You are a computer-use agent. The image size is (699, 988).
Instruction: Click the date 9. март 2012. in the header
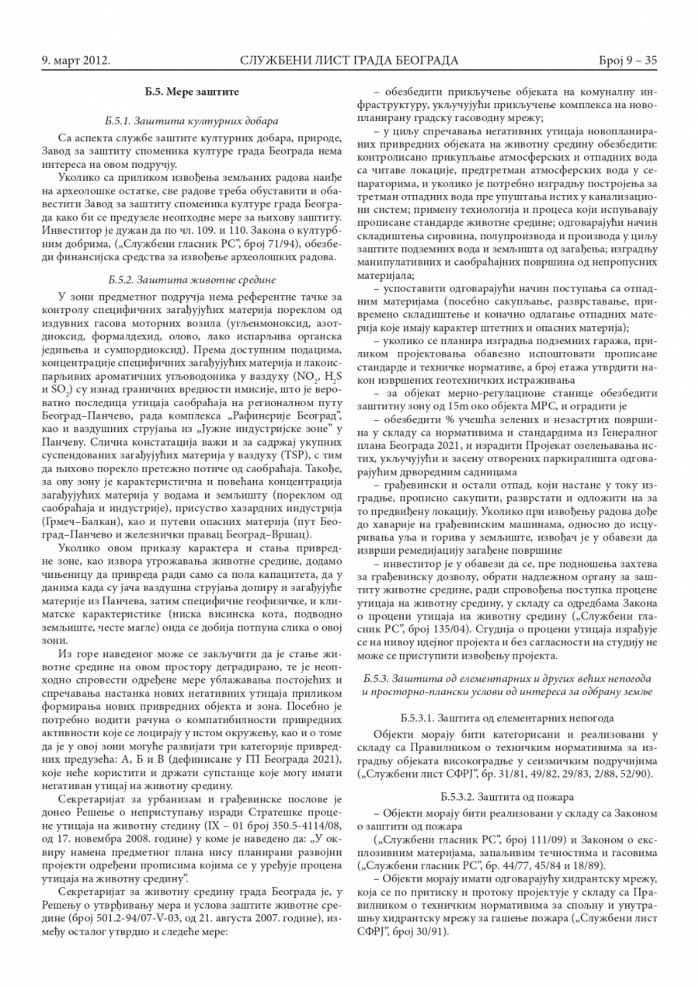tap(75, 60)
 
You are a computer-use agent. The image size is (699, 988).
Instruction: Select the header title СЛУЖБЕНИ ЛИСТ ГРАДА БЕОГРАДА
tap(349, 60)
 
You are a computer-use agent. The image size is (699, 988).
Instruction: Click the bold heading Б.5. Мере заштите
tap(192, 92)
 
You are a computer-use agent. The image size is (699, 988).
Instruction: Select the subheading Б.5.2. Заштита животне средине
tap(192, 279)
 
